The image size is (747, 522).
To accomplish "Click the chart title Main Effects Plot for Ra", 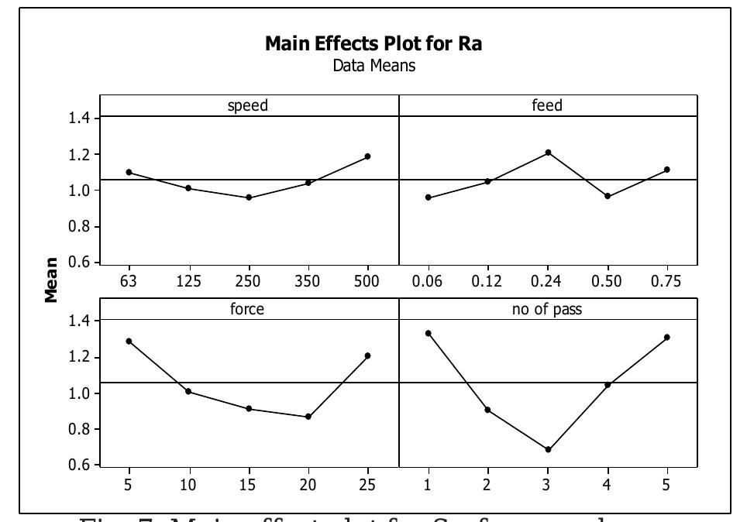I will [373, 43].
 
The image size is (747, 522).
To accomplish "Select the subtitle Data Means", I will [373, 66].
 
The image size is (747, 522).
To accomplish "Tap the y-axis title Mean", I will [51, 280].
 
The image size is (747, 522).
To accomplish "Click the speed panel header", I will [248, 106].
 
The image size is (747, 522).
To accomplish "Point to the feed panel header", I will [547, 106].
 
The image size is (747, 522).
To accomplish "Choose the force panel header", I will [248, 309].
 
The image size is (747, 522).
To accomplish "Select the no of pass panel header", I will [547, 309].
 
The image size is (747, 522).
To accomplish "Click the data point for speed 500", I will [367, 156].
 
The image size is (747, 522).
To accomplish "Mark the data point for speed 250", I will [249, 197].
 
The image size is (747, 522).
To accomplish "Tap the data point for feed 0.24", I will [548, 153].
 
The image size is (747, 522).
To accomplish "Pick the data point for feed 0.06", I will [428, 197].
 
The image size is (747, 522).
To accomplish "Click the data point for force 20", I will [308, 417].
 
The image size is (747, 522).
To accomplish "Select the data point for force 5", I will [129, 341].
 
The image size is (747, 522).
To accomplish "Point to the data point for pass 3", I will [548, 449].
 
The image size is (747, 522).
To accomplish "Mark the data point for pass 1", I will [428, 333].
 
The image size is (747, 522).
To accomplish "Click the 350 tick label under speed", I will [308, 281].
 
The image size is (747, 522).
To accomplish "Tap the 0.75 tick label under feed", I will [666, 281].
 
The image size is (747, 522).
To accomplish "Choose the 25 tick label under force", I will [367, 485].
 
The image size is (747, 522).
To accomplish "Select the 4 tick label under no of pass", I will [607, 485].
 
